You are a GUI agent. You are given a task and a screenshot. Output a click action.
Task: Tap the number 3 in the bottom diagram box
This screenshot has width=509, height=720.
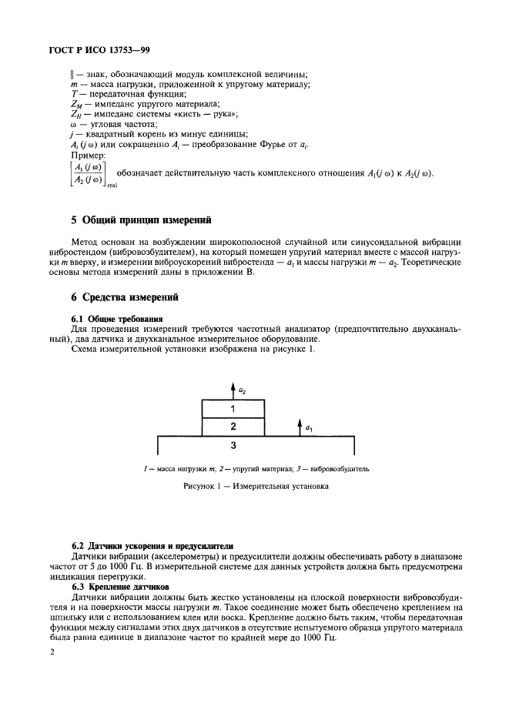point(233,446)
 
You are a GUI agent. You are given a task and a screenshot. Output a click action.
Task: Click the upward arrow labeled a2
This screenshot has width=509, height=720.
point(232,389)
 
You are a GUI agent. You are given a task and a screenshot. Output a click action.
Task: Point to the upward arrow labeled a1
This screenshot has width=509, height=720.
point(299,426)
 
